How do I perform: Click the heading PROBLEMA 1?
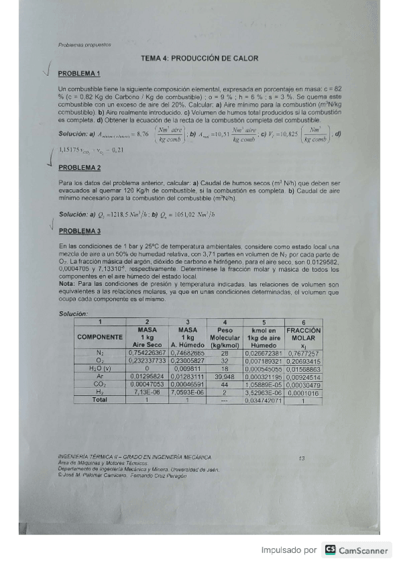[79, 73]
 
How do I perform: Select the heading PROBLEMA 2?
[79, 167]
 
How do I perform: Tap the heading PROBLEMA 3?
[79, 231]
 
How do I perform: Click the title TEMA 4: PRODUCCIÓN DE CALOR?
[199, 59]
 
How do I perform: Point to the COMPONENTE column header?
[100, 338]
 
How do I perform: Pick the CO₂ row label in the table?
[100, 384]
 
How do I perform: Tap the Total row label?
[100, 400]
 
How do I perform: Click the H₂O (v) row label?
[100, 368]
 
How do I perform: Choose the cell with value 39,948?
[225, 376]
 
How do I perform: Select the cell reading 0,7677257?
[304, 353]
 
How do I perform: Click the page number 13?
[302, 458]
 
